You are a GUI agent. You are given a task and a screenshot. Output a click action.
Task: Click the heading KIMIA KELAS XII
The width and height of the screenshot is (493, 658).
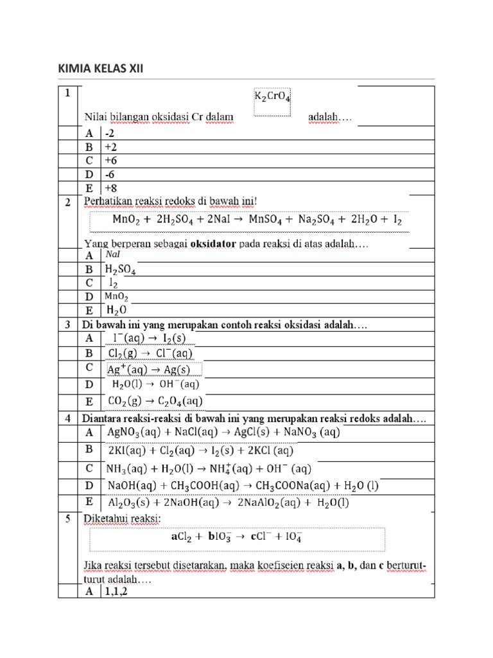point(101,68)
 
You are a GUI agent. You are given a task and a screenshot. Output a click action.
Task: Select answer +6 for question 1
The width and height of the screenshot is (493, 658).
point(112,160)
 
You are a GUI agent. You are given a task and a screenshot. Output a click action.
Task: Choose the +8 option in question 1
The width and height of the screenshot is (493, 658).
point(112,188)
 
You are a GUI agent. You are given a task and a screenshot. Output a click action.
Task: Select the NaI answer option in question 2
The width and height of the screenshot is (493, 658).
point(113,254)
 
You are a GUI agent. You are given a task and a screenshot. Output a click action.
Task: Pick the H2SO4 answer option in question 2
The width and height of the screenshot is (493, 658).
point(120,269)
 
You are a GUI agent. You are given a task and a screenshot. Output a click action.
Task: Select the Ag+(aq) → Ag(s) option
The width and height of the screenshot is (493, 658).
point(148,369)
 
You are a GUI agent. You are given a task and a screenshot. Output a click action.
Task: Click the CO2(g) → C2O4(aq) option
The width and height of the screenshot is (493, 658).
point(155,401)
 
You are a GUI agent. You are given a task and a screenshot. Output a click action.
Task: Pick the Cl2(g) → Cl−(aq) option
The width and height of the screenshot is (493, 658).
point(150,353)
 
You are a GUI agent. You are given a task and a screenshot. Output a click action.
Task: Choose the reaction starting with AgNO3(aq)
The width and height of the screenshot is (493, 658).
point(223,432)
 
